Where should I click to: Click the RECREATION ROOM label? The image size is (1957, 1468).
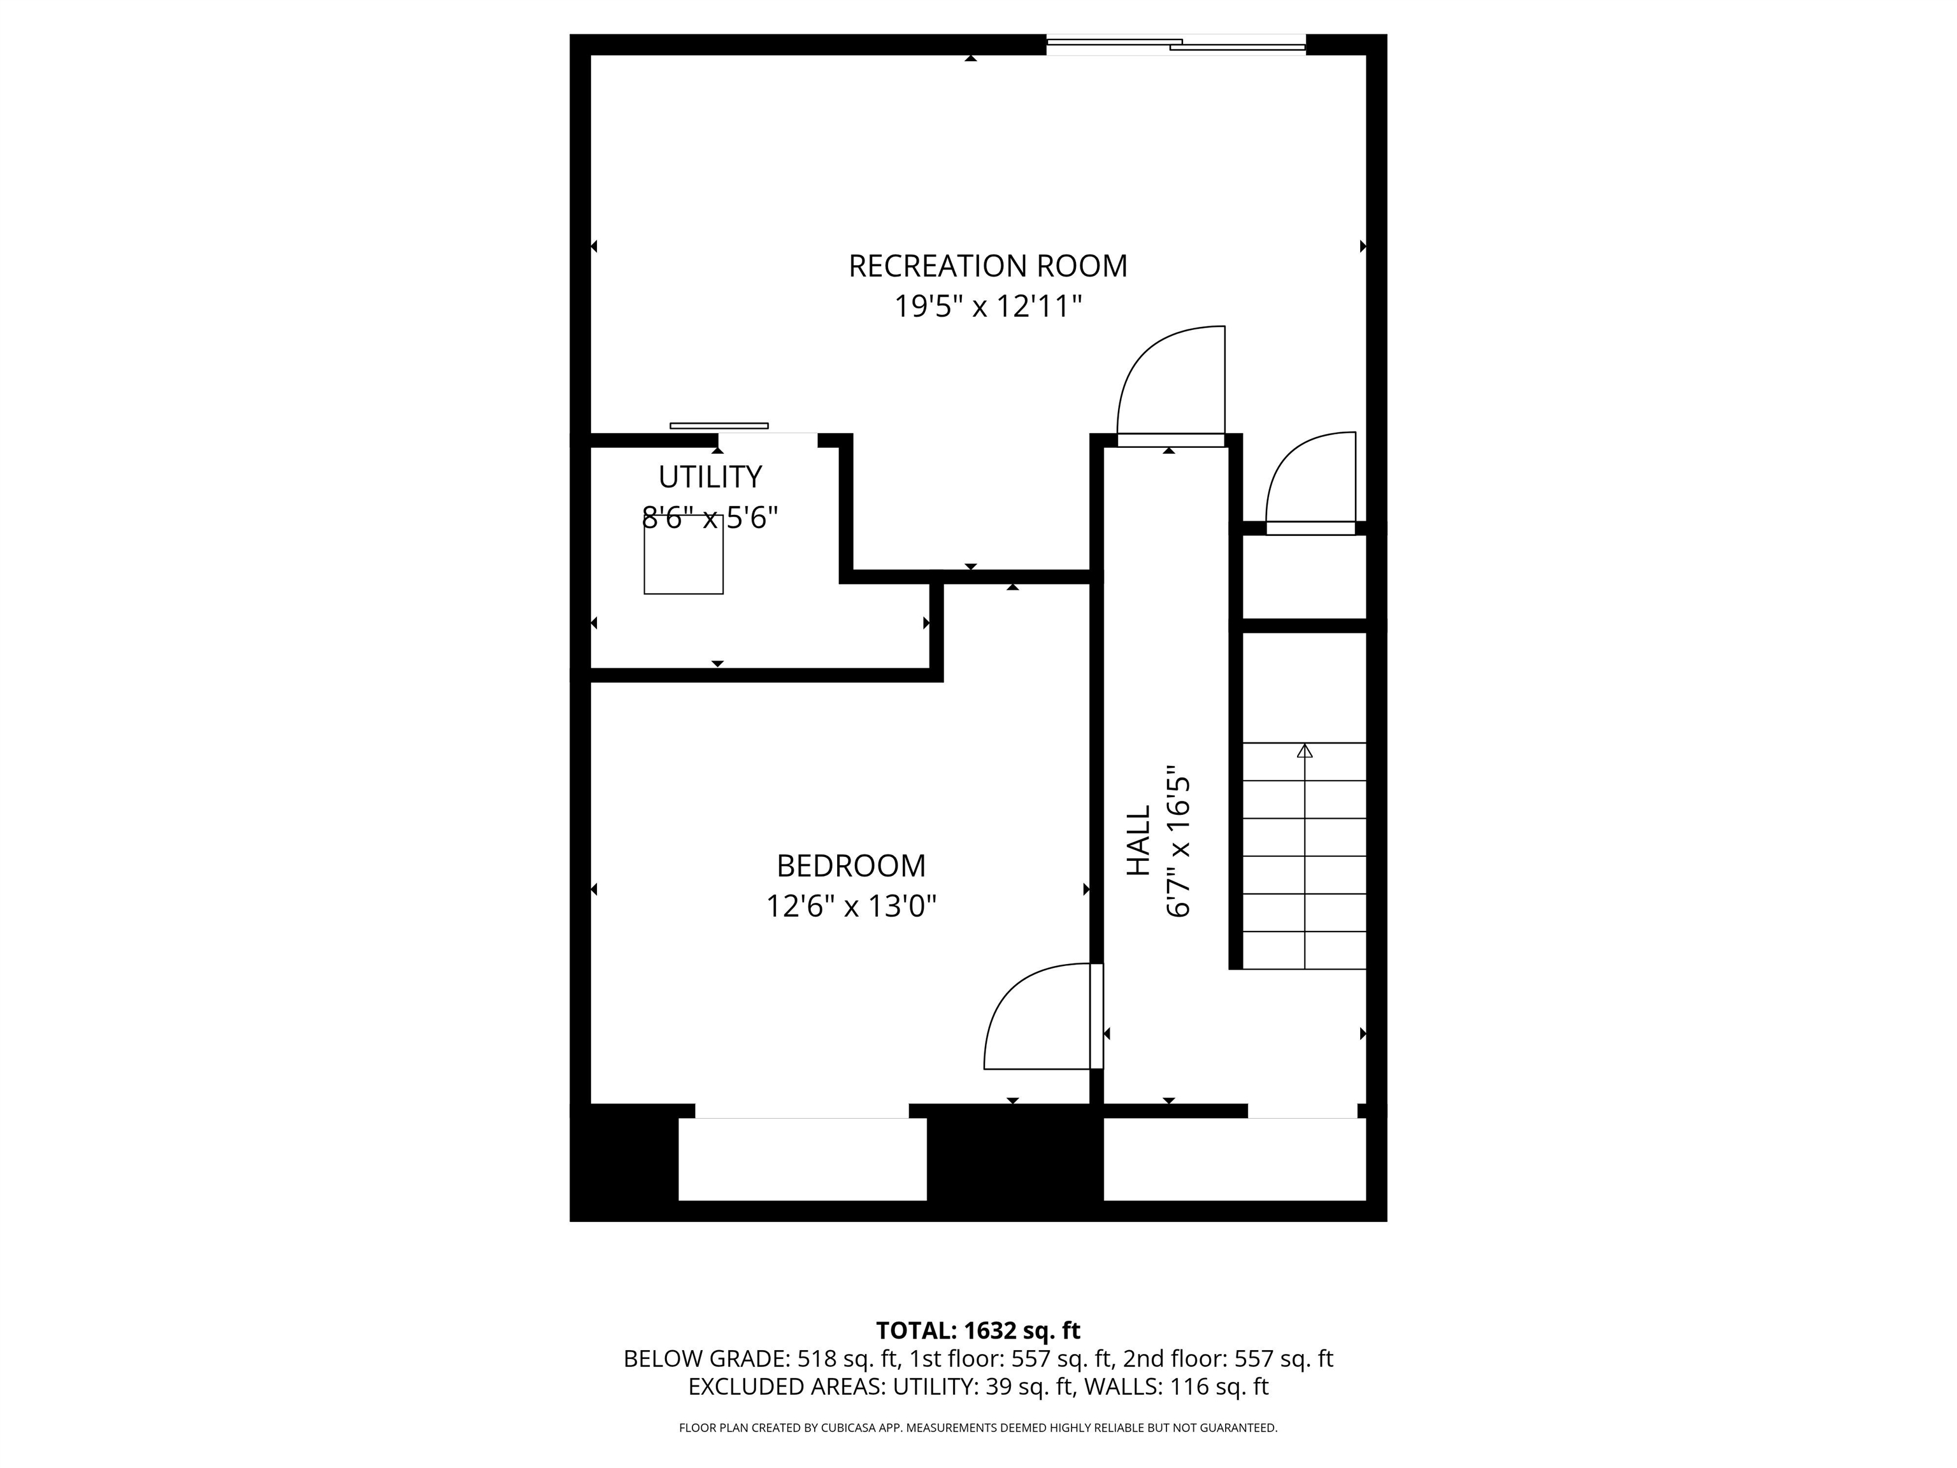click(x=987, y=266)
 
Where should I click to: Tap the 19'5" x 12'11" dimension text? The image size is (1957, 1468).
click(x=987, y=307)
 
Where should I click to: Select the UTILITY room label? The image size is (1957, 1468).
click(x=710, y=477)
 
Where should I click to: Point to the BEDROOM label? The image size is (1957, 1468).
click(x=851, y=865)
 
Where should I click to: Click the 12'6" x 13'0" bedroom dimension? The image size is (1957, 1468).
click(x=851, y=907)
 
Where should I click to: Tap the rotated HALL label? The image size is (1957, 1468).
click(x=1138, y=840)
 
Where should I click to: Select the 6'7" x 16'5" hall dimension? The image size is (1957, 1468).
click(x=1179, y=840)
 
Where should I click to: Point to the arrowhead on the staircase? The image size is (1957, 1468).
click(x=1304, y=751)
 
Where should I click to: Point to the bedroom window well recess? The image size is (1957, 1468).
click(x=801, y=1159)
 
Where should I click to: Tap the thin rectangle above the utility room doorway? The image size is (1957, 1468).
click(x=719, y=426)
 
